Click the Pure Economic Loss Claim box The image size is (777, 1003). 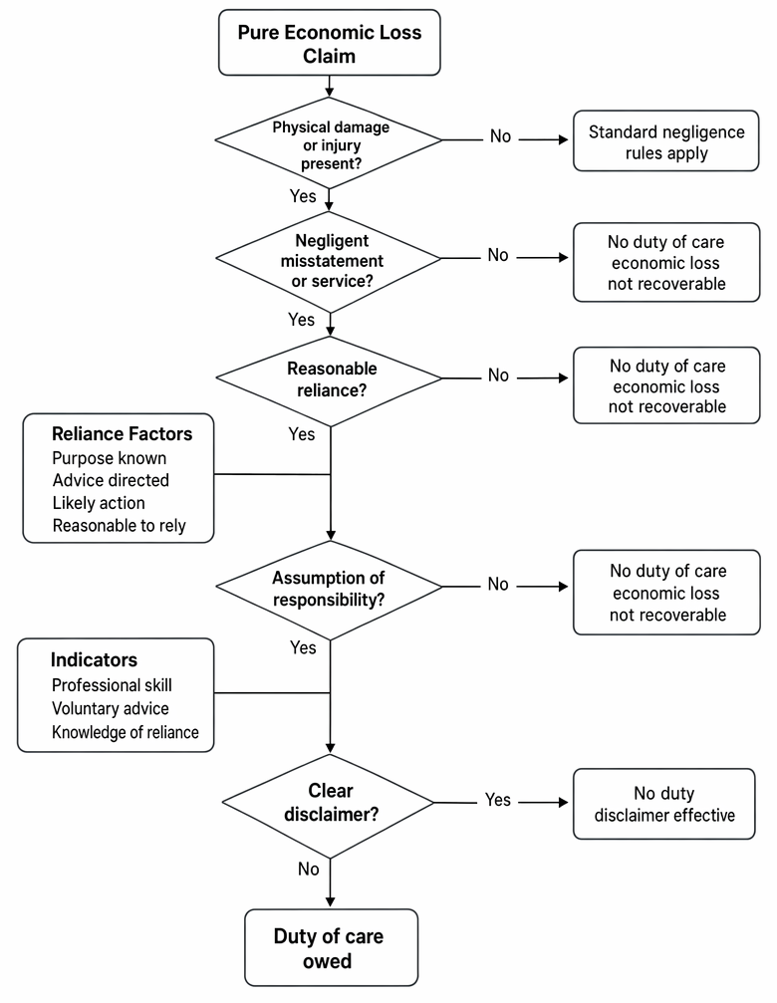click(x=330, y=43)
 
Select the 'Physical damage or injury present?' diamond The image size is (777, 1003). click(x=329, y=142)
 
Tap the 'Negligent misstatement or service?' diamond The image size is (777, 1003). click(x=329, y=259)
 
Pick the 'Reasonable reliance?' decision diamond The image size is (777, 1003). click(x=329, y=379)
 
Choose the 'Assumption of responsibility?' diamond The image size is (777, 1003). click(x=329, y=589)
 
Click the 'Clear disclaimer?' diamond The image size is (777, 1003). click(x=329, y=805)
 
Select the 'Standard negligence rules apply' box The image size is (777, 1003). click(x=665, y=141)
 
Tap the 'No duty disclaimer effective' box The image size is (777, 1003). click(x=663, y=804)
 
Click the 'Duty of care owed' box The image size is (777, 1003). click(x=331, y=947)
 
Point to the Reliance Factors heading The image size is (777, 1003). click(x=122, y=433)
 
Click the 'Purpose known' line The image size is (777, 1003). click(x=110, y=458)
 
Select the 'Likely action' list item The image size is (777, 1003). click(x=99, y=503)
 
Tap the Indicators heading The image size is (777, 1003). click(x=94, y=659)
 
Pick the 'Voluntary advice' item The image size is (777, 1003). click(x=110, y=708)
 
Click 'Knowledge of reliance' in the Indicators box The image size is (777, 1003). click(x=125, y=732)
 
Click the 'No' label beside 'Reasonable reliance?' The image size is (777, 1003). click(x=498, y=375)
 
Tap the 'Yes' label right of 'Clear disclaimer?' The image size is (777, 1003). click(x=497, y=800)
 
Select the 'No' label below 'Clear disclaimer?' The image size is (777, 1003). click(x=308, y=869)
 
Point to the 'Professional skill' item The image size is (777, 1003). click(x=112, y=685)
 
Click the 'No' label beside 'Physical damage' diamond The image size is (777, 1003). click(x=500, y=136)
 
